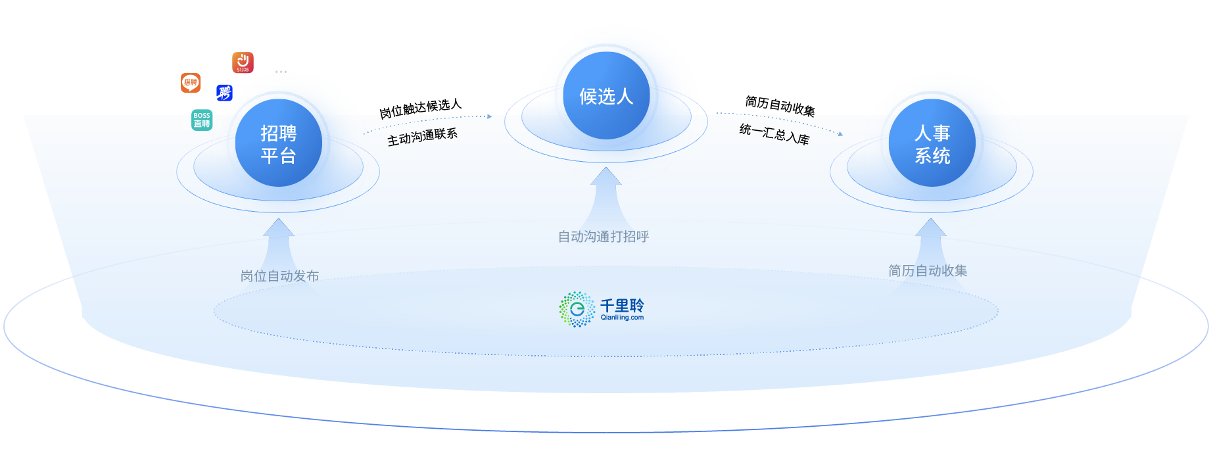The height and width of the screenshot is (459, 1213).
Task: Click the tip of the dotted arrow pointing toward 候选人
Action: point(492,116)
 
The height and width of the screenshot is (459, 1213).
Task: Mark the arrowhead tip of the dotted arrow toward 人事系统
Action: point(843,135)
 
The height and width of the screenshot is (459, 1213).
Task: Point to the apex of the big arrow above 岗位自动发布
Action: point(279,218)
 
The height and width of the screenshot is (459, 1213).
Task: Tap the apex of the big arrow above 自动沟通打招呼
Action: point(606,167)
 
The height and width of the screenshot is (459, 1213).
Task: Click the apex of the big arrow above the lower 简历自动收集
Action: point(931,218)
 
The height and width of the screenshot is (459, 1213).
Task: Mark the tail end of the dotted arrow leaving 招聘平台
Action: point(364,135)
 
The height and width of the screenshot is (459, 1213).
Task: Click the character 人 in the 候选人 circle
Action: point(625,97)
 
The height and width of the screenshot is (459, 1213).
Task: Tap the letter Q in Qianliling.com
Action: point(603,317)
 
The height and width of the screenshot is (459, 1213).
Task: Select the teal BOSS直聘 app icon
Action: point(202,120)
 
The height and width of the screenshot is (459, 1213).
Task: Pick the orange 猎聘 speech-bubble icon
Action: point(191,83)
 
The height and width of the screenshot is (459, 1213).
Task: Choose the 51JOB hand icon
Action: point(243,62)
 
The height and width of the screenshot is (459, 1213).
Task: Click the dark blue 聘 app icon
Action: point(224,93)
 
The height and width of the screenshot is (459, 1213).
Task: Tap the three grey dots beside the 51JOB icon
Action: point(281,72)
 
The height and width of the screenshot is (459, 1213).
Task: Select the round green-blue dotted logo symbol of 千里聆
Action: point(577,309)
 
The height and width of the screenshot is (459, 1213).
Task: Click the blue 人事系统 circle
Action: point(932,143)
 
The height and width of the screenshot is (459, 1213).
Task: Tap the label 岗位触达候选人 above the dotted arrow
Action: point(421,109)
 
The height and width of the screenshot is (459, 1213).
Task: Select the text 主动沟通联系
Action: point(422,137)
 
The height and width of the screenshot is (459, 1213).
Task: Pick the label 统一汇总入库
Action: point(774,133)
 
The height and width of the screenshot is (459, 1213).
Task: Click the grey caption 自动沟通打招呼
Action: point(604,237)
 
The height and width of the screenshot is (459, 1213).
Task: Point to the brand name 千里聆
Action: point(622,305)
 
